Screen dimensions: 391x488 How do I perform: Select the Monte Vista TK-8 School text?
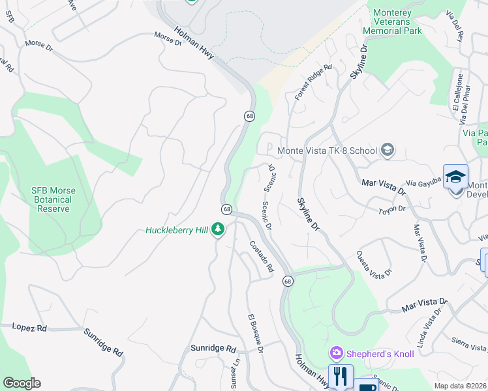[x=328, y=151]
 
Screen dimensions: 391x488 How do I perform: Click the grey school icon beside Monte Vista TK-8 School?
[x=388, y=151]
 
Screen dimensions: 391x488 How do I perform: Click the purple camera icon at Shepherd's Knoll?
[x=337, y=353]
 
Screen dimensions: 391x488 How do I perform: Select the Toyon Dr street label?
[x=392, y=210]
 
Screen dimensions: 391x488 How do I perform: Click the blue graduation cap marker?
[x=455, y=177]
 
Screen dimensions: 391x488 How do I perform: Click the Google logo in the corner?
[x=22, y=383]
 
